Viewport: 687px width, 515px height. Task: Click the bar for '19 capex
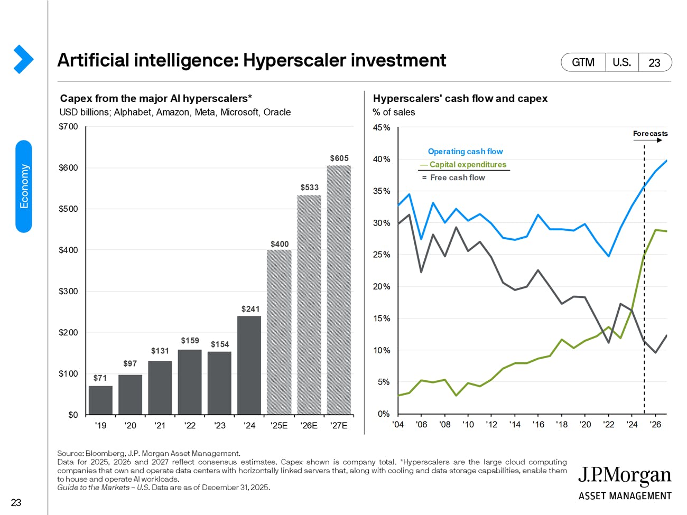[x=100, y=400]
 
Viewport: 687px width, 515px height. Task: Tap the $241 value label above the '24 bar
[x=250, y=308]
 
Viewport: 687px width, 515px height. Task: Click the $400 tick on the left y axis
[x=68, y=250]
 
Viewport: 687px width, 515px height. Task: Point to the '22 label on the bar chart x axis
[x=189, y=425]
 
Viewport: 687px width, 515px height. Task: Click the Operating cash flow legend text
[x=465, y=152]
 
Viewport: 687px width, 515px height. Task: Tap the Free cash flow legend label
[x=457, y=177]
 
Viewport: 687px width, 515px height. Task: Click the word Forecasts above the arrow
[x=650, y=134]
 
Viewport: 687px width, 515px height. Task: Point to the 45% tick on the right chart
[x=382, y=127]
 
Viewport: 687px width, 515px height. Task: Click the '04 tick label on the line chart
[x=398, y=424]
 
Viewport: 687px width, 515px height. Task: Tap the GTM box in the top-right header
[x=583, y=62]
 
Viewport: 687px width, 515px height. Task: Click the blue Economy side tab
[x=24, y=186]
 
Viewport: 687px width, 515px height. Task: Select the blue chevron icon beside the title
[x=23, y=59]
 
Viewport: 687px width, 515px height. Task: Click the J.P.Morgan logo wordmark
[x=624, y=476]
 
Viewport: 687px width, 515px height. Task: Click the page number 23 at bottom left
[x=16, y=502]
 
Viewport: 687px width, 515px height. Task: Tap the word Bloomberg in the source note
[x=105, y=453]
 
